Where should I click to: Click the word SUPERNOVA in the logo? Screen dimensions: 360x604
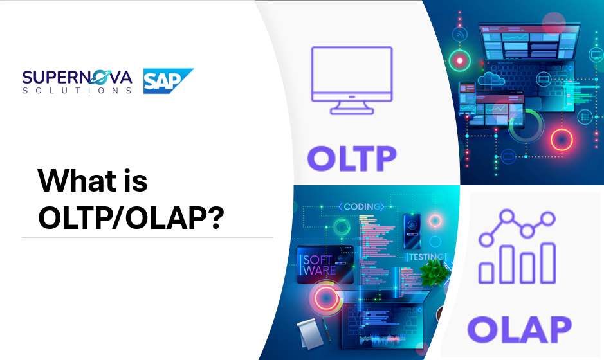(x=77, y=78)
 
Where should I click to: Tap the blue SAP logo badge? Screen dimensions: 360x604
(x=167, y=81)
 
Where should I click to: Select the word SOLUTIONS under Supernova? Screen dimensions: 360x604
(x=77, y=91)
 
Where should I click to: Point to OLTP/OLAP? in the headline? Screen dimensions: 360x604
(x=130, y=219)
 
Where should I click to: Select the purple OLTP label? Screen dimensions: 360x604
(x=351, y=157)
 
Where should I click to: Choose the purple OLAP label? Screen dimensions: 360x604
(x=519, y=328)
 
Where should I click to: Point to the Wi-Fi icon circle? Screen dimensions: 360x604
(x=460, y=34)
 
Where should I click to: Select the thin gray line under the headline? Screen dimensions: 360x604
(x=147, y=237)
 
